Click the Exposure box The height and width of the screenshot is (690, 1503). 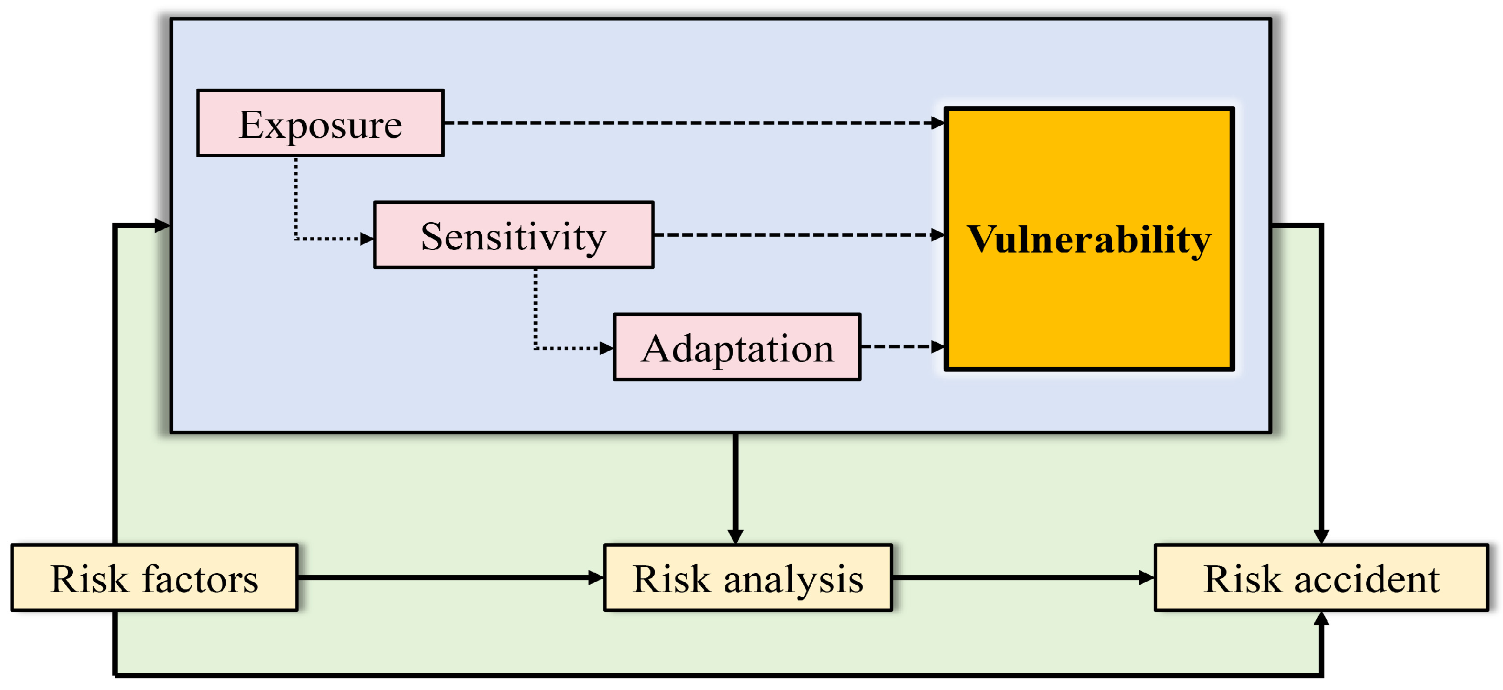321,123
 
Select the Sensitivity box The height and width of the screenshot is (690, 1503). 513,235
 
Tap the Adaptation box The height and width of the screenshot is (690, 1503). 737,347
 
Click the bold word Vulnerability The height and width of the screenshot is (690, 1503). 1089,239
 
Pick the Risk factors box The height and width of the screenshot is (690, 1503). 154,578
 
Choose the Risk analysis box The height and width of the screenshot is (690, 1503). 748,578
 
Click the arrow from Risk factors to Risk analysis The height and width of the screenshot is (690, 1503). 449,578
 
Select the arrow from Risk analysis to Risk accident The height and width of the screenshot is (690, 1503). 1021,578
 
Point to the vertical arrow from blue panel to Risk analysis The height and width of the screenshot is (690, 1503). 736,485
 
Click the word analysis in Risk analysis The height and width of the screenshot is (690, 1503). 793,579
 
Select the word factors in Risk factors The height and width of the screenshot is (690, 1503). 200,579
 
